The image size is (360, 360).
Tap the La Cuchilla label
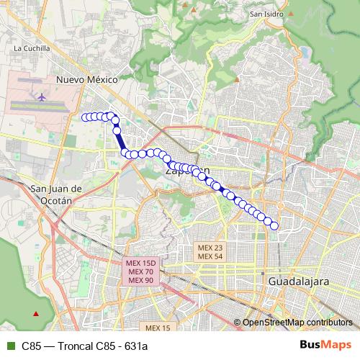coord(32,48)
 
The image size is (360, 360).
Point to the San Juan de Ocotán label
coord(58,194)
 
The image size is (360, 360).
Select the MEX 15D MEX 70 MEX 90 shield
coord(141,271)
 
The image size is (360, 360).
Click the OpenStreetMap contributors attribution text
coord(296,323)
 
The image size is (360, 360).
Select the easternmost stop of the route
coord(274,226)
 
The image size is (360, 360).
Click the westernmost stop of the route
coord(85,117)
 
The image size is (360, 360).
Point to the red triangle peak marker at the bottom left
coord(36,313)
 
